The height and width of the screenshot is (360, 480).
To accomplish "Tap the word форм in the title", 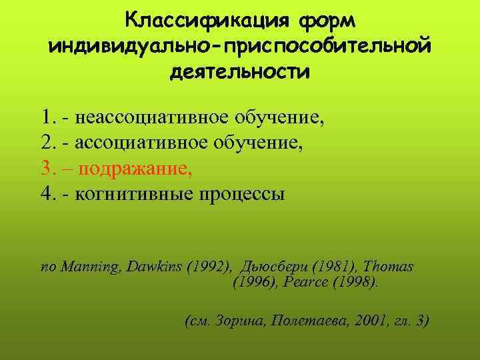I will click(321, 20).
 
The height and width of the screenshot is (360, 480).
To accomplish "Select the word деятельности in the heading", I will click(239, 71).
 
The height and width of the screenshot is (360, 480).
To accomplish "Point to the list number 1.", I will click(45, 118).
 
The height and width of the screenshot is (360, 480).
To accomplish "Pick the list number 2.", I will click(45, 143).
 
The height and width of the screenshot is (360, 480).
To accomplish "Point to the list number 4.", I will click(45, 194).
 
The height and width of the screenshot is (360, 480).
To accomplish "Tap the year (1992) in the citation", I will click(207, 267).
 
